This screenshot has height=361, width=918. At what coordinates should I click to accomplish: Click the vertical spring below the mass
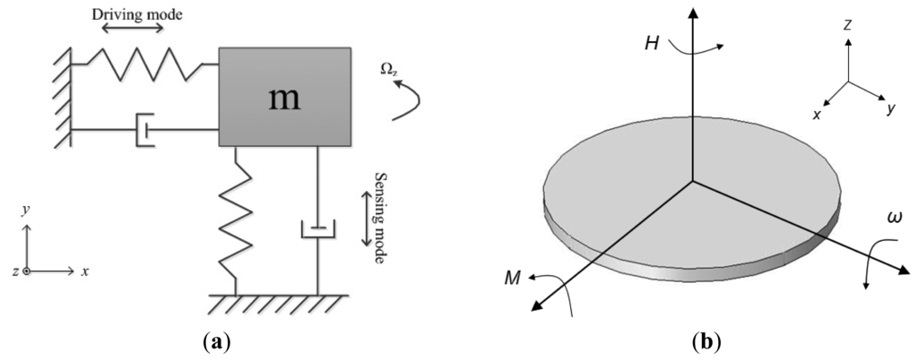coord(235,219)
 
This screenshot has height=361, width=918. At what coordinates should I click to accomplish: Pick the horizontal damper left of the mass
coord(143,131)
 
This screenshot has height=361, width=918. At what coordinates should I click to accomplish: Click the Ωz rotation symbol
coord(389,70)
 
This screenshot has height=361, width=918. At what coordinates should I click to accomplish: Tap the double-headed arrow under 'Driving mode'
coord(132,29)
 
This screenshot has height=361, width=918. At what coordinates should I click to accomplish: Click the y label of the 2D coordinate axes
coord(26,210)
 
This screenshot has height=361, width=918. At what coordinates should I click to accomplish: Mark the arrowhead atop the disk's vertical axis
coord(690,13)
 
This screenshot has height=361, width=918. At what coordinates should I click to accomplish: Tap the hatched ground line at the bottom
coord(279,304)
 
